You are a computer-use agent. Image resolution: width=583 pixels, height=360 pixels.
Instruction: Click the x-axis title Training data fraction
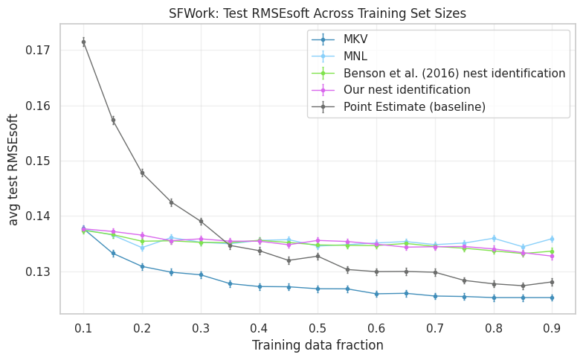[x=318, y=345]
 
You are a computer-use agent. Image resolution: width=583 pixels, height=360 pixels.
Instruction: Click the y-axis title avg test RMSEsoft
[x=13, y=170]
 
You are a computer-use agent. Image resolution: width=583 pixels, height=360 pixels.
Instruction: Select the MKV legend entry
[x=355, y=39]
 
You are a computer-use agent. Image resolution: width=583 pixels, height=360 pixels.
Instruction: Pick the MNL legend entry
[x=355, y=57]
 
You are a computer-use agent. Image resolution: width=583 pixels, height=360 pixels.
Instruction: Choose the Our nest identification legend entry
[x=407, y=90]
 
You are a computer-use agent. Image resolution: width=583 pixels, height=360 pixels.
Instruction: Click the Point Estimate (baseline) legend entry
[x=414, y=106]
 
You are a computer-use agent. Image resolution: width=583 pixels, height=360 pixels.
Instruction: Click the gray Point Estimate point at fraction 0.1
[x=83, y=42]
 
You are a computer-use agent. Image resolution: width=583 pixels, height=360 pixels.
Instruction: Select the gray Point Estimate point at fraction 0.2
[x=142, y=173]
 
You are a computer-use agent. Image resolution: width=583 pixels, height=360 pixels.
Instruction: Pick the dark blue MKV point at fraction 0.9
[x=552, y=298]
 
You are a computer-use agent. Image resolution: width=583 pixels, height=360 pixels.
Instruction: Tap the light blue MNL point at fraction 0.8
[x=493, y=238]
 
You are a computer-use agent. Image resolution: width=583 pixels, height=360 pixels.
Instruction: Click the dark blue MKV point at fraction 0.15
[x=113, y=254]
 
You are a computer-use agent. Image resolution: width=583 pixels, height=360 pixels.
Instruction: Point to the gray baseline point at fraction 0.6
[x=376, y=271]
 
